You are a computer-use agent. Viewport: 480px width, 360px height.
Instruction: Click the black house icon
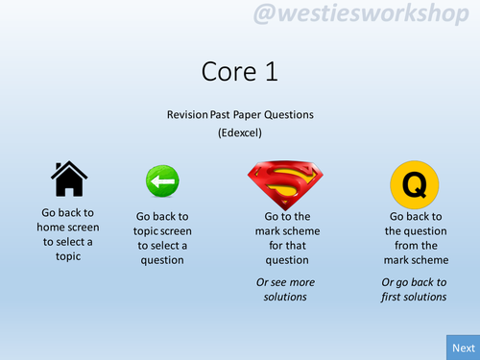coord(68,179)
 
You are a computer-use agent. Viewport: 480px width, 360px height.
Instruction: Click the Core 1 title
coord(239,71)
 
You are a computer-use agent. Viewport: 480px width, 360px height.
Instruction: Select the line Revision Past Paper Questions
coord(239,114)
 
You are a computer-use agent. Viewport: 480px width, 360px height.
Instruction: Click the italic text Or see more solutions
coord(286,289)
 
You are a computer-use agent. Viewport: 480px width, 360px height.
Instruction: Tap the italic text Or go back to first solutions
coord(414,289)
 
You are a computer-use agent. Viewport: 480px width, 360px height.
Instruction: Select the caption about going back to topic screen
coord(161,238)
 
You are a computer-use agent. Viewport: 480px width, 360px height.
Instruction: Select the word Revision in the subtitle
coord(186,114)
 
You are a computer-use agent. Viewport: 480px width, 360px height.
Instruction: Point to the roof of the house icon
coord(68,169)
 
